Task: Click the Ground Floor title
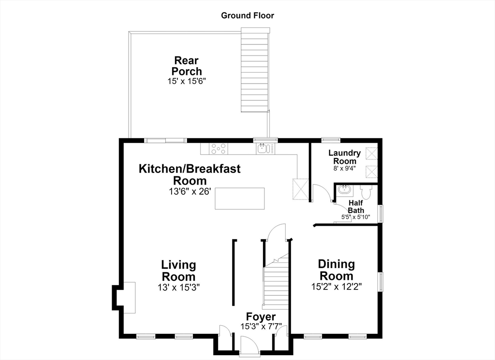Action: click(247, 15)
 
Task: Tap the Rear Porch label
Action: click(187, 66)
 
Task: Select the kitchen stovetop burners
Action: click(219, 149)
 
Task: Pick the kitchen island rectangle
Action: click(240, 199)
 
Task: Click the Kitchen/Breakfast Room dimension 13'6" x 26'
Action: click(189, 191)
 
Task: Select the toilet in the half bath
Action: click(366, 191)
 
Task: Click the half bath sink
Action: click(344, 190)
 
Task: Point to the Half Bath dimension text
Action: click(355, 217)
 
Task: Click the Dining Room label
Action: click(336, 270)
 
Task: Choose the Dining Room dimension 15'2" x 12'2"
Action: click(336, 287)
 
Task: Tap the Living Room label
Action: click(179, 271)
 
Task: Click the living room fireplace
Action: click(124, 298)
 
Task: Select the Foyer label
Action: click(261, 317)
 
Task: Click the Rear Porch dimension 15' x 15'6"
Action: click(187, 81)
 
